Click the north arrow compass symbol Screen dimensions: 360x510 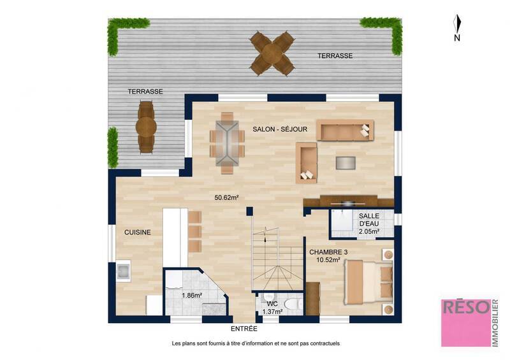click(457, 25)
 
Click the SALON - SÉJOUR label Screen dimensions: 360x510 click(280, 129)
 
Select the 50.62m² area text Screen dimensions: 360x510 click(226, 198)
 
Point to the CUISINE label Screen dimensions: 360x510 click(138, 233)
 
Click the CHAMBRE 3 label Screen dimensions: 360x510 click(328, 252)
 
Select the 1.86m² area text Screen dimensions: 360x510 click(192, 296)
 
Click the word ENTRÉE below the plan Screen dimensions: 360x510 click(244, 329)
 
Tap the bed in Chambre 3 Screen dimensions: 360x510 click(368, 282)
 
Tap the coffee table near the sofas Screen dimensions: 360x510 click(346, 162)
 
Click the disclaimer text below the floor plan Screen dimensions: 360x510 click(256, 343)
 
